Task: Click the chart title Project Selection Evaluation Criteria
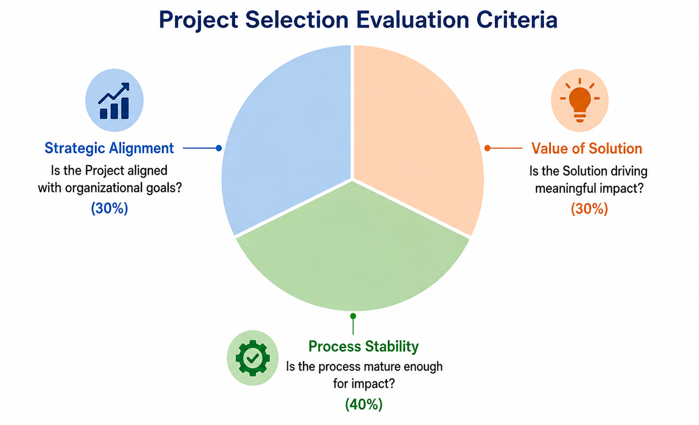click(x=358, y=20)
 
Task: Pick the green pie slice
click(x=353, y=250)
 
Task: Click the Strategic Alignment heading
click(x=109, y=148)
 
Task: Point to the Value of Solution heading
click(x=586, y=148)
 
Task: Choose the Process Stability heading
click(x=364, y=346)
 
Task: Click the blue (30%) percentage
click(x=109, y=208)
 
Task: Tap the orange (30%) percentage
click(x=590, y=209)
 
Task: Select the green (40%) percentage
click(x=364, y=405)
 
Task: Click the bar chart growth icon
click(x=114, y=100)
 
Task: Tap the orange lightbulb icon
click(x=580, y=100)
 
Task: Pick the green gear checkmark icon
click(x=252, y=358)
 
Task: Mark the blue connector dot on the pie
click(x=219, y=148)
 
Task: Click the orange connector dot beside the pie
click(x=487, y=148)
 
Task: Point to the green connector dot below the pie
click(x=353, y=316)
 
